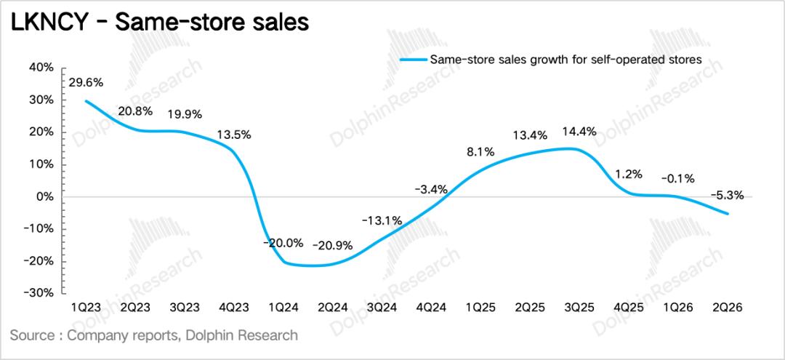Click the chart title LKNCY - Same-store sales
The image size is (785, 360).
(160, 23)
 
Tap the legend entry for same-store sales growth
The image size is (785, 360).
(551, 60)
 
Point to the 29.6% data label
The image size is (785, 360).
(86, 83)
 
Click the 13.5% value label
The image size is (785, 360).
(233, 135)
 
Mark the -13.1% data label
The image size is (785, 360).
(382, 220)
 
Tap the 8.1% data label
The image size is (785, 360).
(480, 152)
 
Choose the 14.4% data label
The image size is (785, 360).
(579, 132)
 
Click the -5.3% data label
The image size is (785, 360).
(726, 196)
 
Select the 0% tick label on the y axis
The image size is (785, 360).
(44, 197)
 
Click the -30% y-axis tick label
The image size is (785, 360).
(39, 293)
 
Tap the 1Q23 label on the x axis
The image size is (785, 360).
(86, 307)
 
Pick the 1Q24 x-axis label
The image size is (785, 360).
(282, 307)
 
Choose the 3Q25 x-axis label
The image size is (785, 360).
(579, 307)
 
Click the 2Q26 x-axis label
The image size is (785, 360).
(726, 307)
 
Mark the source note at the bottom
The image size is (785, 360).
(153, 335)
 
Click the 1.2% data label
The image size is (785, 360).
(628, 175)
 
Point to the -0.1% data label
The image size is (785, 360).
(677, 177)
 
